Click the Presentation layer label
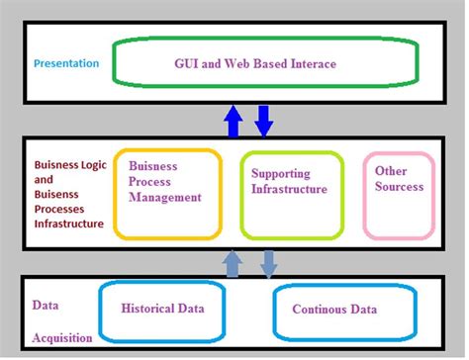pyautogui.click(x=66, y=63)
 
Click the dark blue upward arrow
pyautogui.click(x=234, y=122)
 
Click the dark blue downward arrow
pyautogui.click(x=264, y=121)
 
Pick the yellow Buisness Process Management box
pyautogui.click(x=165, y=194)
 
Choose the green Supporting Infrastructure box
pyautogui.click(x=290, y=194)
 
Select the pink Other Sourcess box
pyautogui.click(x=399, y=194)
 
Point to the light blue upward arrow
pyautogui.click(x=234, y=262)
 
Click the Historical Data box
pyautogui.click(x=161, y=309)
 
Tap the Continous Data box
pyautogui.click(x=334, y=309)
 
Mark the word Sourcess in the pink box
pyautogui.click(x=399, y=186)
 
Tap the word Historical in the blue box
pyautogui.click(x=143, y=309)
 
